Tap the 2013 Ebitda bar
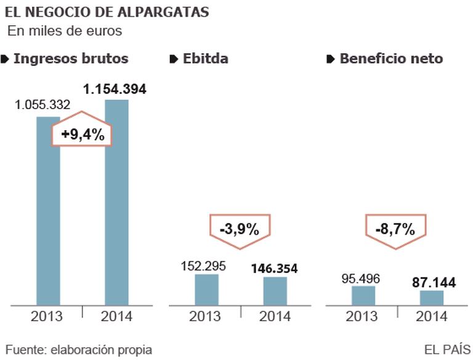(x=206, y=289)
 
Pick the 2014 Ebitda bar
(x=275, y=290)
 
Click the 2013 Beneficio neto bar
(x=363, y=295)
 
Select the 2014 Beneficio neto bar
(x=432, y=298)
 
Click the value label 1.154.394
(x=115, y=89)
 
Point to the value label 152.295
(x=203, y=266)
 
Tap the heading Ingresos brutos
(x=71, y=59)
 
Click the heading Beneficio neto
(x=391, y=59)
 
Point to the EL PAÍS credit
(x=447, y=349)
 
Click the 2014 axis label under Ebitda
(x=274, y=318)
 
